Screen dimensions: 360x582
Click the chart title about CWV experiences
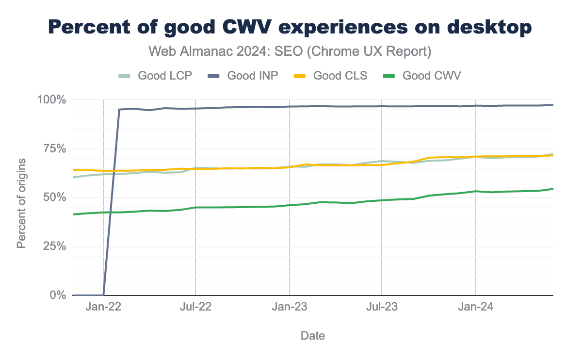click(291, 28)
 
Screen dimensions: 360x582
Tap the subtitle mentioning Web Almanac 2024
click(290, 51)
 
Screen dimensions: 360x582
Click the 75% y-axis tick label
click(53, 149)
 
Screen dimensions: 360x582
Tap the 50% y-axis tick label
click(53, 197)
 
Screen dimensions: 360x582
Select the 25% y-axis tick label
click(53, 246)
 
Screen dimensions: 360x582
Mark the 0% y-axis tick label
click(56, 295)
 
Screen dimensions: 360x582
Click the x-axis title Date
click(313, 335)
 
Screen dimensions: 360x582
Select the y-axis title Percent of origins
click(21, 202)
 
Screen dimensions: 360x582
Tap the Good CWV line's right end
click(552, 189)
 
